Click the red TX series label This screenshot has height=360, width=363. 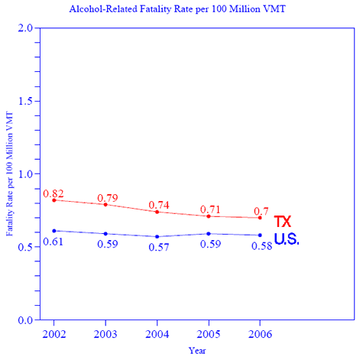[x=283, y=222]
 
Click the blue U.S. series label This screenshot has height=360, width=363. [x=287, y=239]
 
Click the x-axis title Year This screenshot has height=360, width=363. [x=197, y=350]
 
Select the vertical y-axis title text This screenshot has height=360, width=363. [x=10, y=174]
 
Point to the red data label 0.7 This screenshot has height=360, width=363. [x=261, y=211]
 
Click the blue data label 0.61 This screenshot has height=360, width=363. [x=53, y=242]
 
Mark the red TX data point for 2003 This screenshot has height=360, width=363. [x=105, y=204]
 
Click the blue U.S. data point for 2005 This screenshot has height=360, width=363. [x=209, y=234]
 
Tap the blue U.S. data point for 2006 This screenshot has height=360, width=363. [x=260, y=235]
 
